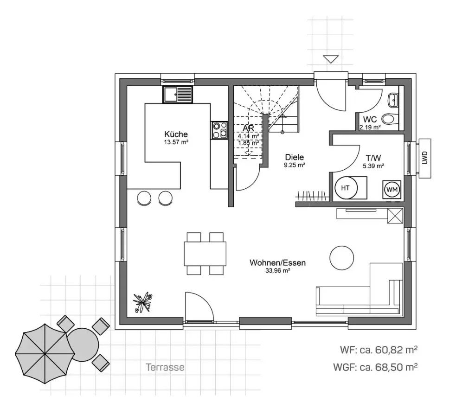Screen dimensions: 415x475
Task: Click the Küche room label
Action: pos(176,134)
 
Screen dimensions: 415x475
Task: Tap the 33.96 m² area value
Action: pos(277,271)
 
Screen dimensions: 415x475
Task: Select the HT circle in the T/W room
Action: pos(345,188)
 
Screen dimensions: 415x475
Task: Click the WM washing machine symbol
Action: pos(392,189)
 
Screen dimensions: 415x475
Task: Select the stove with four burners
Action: pos(219,130)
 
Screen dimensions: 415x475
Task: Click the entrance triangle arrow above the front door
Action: pos(331,59)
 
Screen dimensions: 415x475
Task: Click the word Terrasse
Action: pos(165,368)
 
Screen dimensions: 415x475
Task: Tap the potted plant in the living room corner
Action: pos(142,302)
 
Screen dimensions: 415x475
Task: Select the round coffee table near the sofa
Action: pos(342,257)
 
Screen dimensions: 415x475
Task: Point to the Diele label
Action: pos(295,157)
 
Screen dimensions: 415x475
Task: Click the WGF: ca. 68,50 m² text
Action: pos(375,368)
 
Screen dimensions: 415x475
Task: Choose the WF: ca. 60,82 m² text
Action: pos(375,350)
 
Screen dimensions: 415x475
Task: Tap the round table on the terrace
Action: pos(83,345)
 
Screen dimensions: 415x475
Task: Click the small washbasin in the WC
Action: pos(393,98)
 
